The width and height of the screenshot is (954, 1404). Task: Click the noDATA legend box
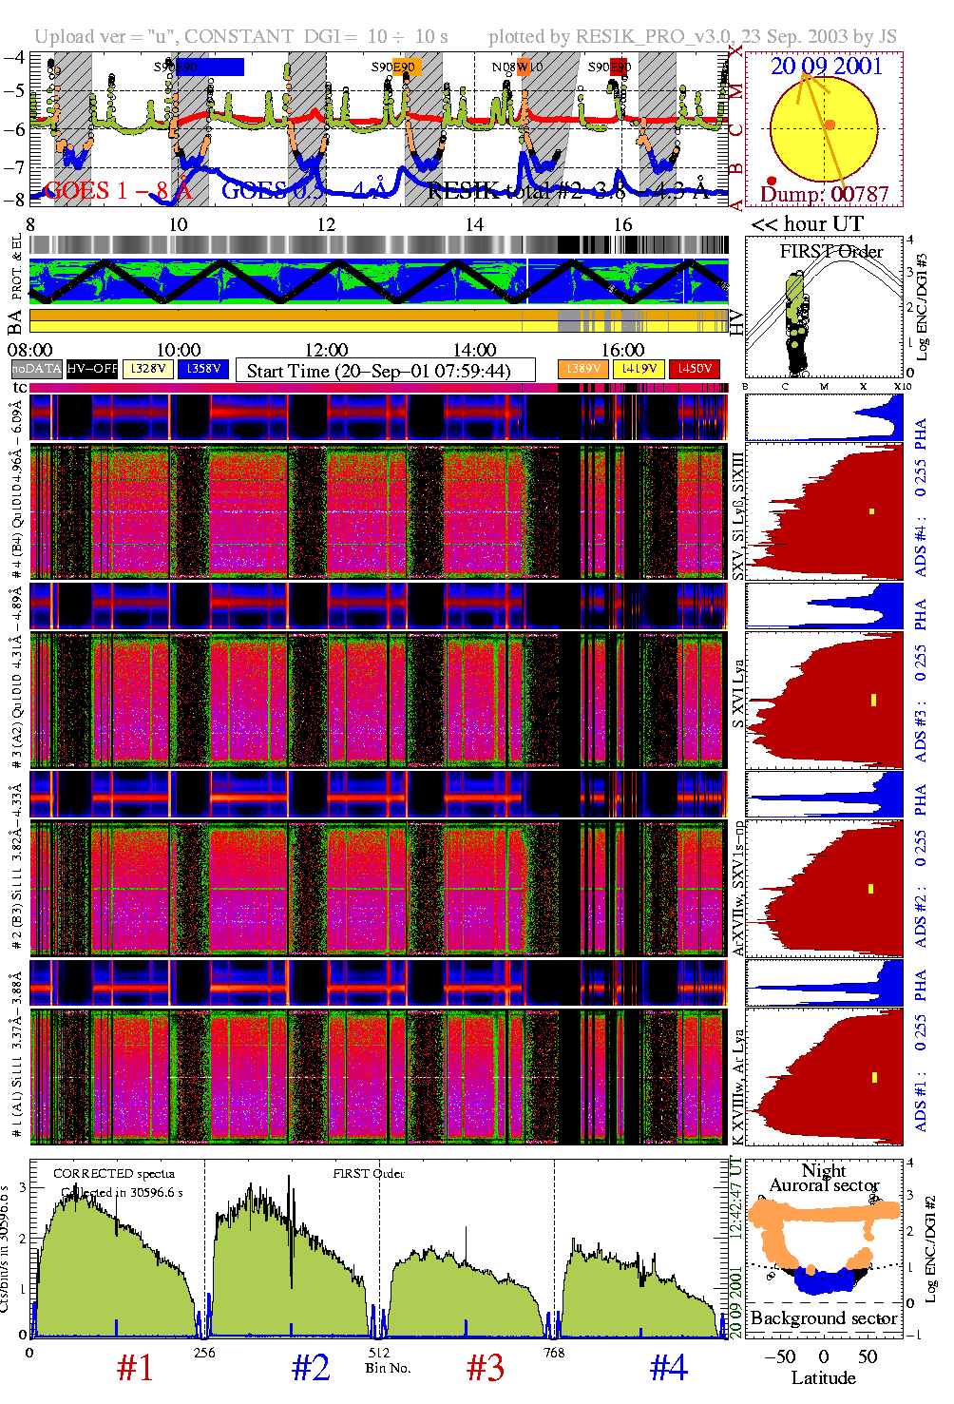tap(37, 369)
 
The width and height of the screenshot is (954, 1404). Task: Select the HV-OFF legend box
tap(92, 369)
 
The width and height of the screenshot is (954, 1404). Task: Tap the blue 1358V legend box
tap(203, 369)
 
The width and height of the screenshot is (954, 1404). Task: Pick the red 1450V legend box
tap(695, 369)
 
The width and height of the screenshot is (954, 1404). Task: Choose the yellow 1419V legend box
tap(639, 369)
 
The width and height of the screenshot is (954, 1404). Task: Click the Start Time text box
tap(385, 371)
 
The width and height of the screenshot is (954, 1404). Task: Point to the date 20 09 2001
tap(826, 67)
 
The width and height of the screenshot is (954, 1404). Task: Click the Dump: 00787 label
tap(824, 195)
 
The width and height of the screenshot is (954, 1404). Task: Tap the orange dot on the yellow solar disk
tap(830, 125)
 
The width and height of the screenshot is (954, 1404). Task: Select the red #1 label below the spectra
tap(135, 1368)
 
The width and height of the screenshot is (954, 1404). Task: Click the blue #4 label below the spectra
tap(669, 1368)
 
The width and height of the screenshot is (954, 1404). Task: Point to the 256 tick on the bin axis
tap(204, 1353)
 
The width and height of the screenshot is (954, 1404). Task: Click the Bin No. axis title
tap(388, 1368)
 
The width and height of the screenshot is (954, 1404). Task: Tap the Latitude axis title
tap(823, 1378)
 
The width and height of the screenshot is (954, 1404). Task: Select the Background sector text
tap(823, 1318)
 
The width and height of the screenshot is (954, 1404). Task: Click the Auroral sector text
tap(824, 1185)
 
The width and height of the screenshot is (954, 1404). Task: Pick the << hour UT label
tap(807, 224)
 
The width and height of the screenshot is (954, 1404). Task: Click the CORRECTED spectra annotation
tap(114, 1173)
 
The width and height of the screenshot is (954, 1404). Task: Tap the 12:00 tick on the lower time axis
tap(326, 351)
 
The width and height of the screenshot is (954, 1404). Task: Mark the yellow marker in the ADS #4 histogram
tap(871, 511)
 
